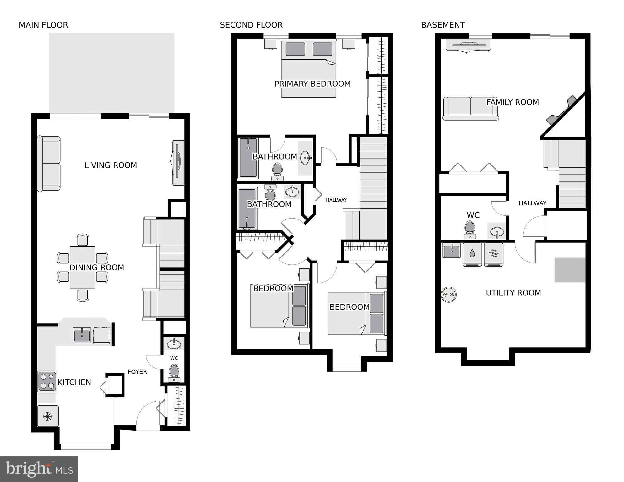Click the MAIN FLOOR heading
(43, 25)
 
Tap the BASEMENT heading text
(443, 25)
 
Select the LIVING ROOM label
(111, 165)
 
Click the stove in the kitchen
(47, 381)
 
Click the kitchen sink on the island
(82, 335)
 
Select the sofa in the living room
(49, 164)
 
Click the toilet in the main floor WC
(174, 372)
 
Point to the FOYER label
(137, 372)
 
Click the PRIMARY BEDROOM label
(312, 84)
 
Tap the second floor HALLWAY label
(336, 200)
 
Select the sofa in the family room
(470, 109)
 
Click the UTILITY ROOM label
(513, 293)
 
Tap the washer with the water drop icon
(472, 254)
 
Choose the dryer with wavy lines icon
(494, 254)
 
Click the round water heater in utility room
(448, 295)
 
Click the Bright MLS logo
(39, 469)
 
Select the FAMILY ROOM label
(513, 102)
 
